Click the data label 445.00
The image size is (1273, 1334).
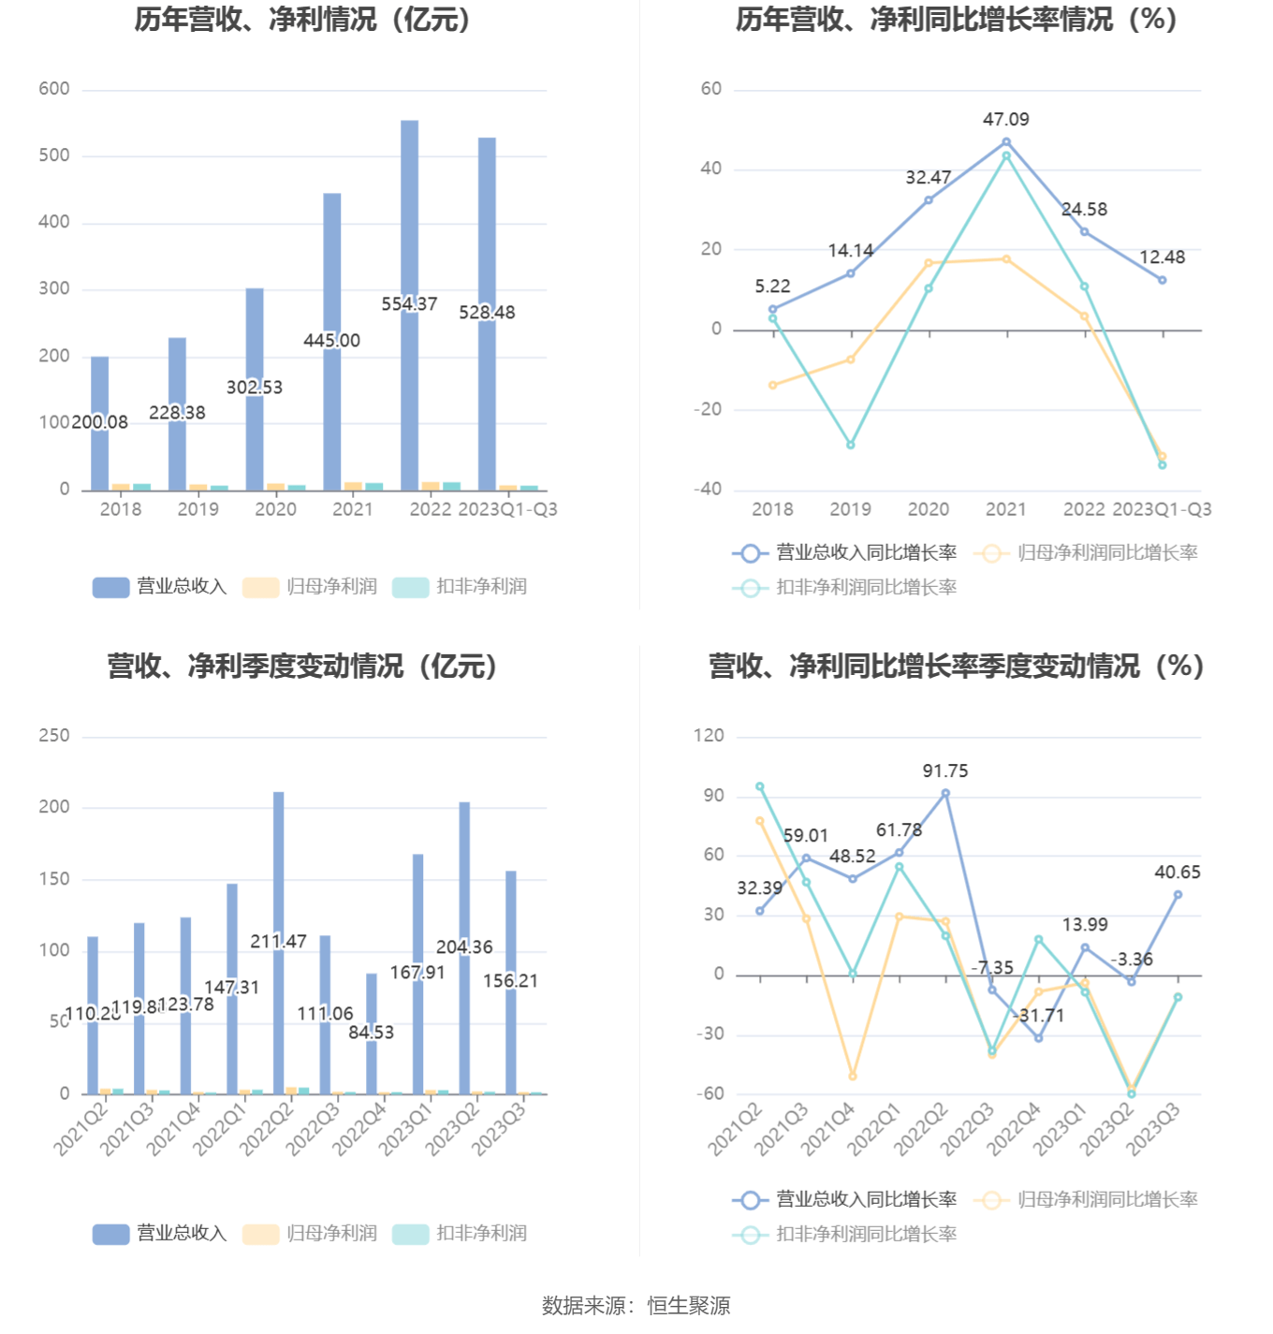pyautogui.click(x=331, y=341)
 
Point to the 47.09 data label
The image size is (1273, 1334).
pyautogui.click(x=1005, y=120)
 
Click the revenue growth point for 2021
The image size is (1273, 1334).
pyautogui.click(x=1006, y=142)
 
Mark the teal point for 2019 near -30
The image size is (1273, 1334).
pyautogui.click(x=851, y=445)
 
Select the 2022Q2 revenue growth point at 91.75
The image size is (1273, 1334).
pyautogui.click(x=945, y=794)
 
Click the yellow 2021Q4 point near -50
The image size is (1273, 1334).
pyautogui.click(x=853, y=1077)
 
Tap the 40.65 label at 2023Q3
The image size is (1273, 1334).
pyautogui.click(x=1177, y=872)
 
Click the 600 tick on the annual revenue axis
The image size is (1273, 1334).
pyautogui.click(x=54, y=89)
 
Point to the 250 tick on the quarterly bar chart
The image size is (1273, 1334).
pyautogui.click(x=54, y=736)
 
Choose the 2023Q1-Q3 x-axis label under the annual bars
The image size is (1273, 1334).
pyautogui.click(x=507, y=509)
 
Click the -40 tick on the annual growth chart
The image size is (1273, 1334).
pyautogui.click(x=708, y=489)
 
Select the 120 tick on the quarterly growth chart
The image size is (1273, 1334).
pyautogui.click(x=709, y=736)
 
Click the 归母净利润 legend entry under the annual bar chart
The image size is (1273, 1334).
pyautogui.click(x=312, y=587)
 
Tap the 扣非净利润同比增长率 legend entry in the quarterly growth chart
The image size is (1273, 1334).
pyautogui.click(x=845, y=1235)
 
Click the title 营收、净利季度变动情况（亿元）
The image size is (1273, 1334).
pyautogui.click(x=301, y=667)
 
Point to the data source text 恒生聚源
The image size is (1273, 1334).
pyautogui.click(x=688, y=1306)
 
